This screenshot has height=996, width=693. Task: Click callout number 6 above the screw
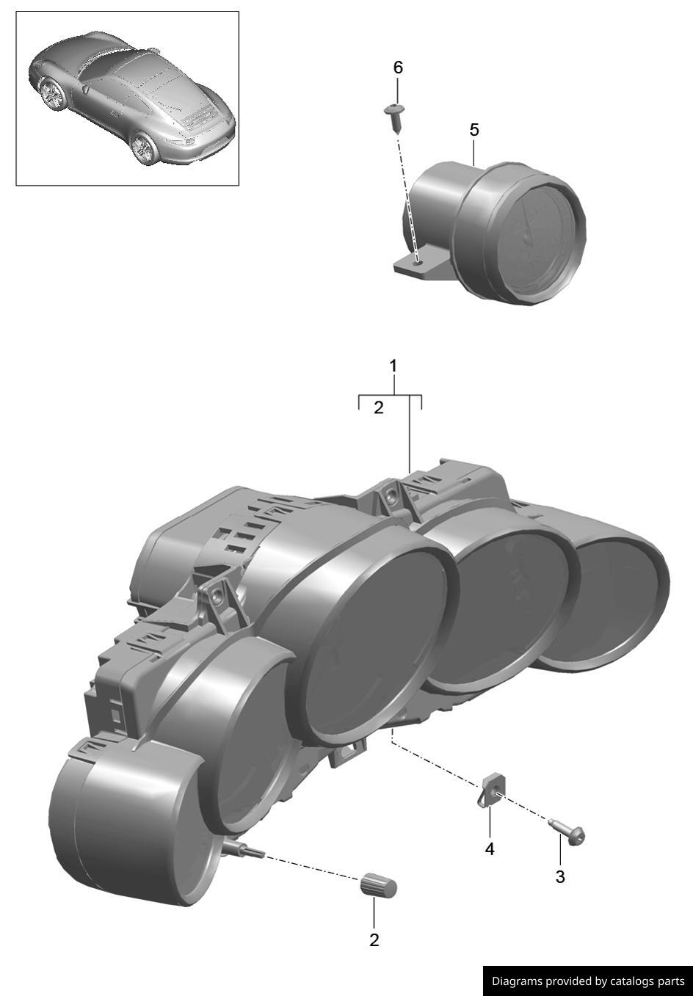click(398, 68)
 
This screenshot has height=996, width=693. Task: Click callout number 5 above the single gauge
click(474, 130)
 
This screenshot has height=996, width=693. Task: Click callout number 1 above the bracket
click(393, 366)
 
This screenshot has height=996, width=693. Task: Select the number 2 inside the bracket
click(379, 407)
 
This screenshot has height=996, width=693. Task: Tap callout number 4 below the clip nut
click(489, 849)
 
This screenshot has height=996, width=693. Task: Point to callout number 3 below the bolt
click(560, 877)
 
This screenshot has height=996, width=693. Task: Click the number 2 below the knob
click(374, 940)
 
